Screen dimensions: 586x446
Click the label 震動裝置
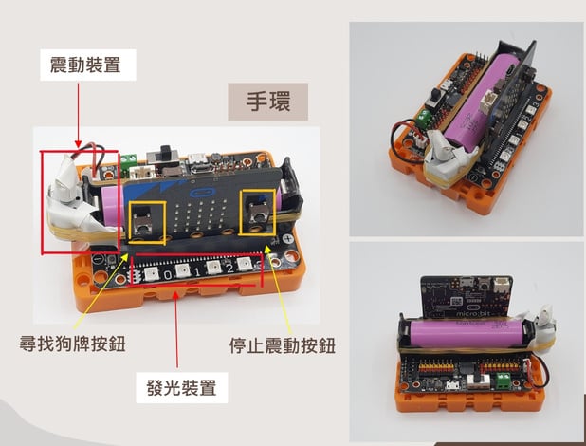coord(85,65)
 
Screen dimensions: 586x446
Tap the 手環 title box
coord(268,102)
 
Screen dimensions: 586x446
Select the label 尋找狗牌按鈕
coord(72,344)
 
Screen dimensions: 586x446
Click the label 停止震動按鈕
coord(283,345)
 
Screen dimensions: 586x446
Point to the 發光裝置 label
coord(182,387)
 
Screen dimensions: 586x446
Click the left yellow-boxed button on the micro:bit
coord(143,219)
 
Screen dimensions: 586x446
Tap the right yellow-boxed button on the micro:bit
coord(258,213)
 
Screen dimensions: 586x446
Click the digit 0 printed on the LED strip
coord(168,275)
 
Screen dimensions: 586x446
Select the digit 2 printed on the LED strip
coord(229,269)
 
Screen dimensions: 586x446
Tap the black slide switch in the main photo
coord(163,155)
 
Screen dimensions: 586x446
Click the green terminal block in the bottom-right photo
coord(504,381)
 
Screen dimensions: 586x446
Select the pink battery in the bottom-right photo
coord(466,333)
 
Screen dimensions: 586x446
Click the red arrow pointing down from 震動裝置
coord(78,115)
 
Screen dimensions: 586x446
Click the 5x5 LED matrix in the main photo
coord(201,219)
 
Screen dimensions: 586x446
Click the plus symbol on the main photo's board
coord(287,239)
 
